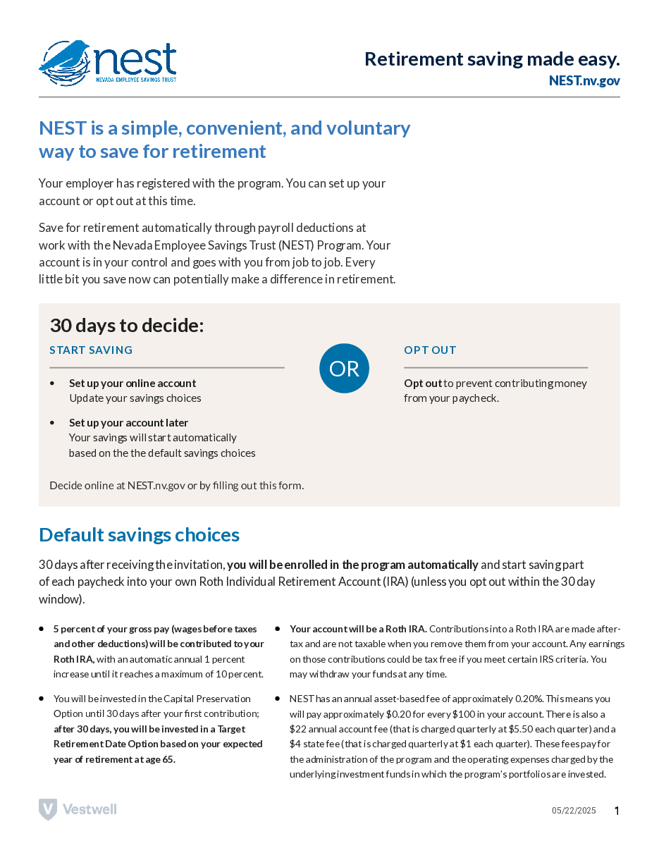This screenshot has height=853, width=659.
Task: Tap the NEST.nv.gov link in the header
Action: click(x=584, y=80)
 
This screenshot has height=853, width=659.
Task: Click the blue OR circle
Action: click(x=344, y=368)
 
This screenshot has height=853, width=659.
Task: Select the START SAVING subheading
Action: click(x=91, y=350)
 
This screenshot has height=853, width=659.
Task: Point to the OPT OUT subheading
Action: click(x=430, y=350)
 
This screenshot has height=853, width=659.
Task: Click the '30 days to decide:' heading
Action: click(x=126, y=326)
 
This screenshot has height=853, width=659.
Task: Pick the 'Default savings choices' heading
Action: click(x=139, y=535)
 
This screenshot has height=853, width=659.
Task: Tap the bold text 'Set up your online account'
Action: click(x=133, y=383)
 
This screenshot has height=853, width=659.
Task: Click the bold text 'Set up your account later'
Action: click(x=128, y=423)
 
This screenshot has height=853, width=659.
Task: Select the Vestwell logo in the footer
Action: click(x=78, y=809)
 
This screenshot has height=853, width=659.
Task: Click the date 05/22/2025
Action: click(x=574, y=811)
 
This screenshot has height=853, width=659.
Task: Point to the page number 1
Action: click(x=617, y=811)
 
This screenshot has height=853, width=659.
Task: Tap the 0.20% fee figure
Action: click(x=529, y=699)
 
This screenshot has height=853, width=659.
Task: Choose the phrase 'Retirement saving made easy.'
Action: click(x=492, y=59)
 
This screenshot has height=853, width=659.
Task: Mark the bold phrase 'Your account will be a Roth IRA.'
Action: click(x=358, y=629)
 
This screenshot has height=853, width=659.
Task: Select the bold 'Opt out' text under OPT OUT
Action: click(x=423, y=383)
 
